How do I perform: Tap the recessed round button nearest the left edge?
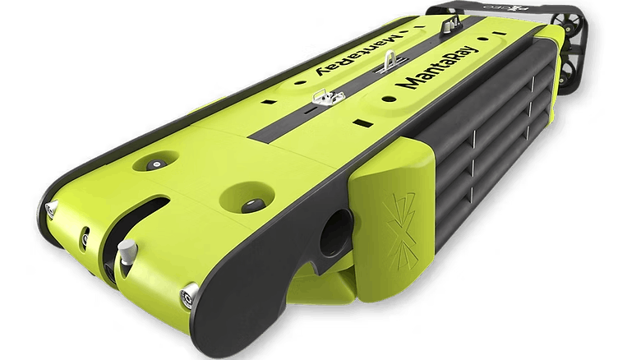(x=154, y=164)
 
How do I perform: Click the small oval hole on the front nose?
(x=85, y=239)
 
